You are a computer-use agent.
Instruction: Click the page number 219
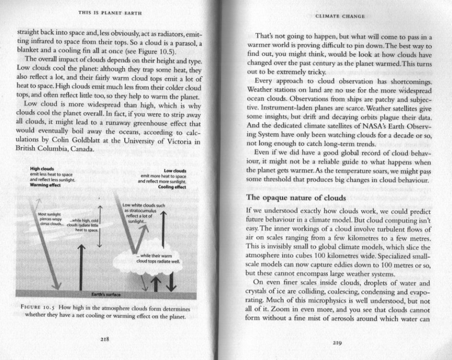point(338,342)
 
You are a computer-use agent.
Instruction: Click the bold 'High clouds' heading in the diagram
point(41,169)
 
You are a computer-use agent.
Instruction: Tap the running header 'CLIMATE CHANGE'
point(338,16)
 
